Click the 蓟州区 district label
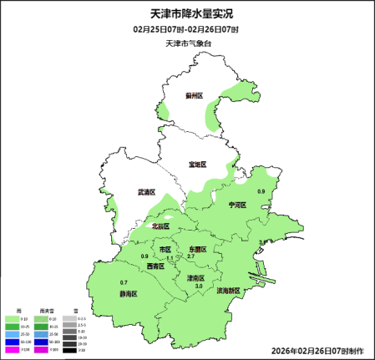point(195,96)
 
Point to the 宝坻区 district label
point(196,165)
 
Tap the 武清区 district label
point(147,192)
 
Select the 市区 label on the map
point(165,250)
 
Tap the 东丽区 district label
point(196,249)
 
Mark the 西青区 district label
point(155,266)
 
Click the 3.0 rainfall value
point(199,286)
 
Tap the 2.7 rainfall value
point(190,256)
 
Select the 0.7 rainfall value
point(124,282)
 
